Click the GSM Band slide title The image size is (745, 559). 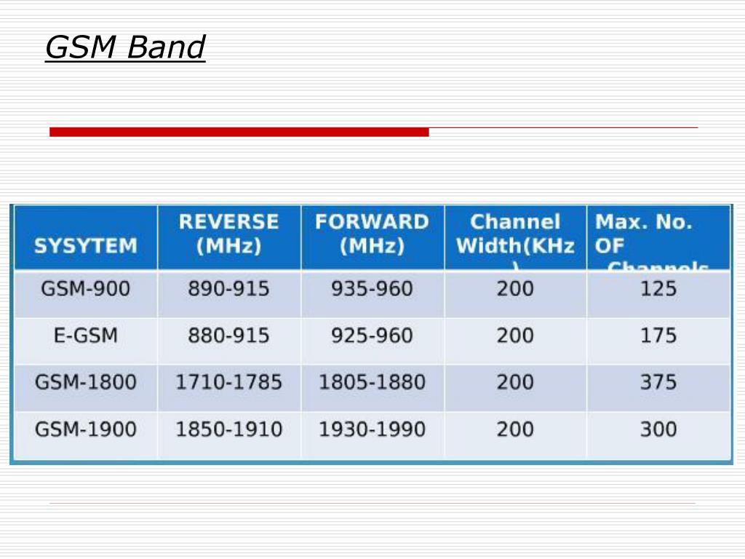(125, 48)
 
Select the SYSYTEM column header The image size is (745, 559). (85, 245)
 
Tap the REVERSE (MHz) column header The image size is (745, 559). (228, 234)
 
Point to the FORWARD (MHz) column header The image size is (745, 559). (372, 234)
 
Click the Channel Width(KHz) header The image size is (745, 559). (515, 234)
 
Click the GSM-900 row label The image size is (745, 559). (85, 289)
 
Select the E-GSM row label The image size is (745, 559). (85, 336)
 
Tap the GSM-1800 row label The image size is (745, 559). (85, 382)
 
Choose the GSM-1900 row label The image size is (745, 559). (85, 429)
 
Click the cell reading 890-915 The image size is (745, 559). (228, 289)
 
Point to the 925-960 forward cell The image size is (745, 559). (372, 336)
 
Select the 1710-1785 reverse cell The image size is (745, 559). (228, 382)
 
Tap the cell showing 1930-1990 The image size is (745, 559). (372, 429)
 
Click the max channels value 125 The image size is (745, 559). (658, 289)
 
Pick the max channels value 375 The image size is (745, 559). (658, 382)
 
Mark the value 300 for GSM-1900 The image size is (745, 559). (658, 429)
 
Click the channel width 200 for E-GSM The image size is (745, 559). (515, 336)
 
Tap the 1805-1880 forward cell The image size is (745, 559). (372, 382)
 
